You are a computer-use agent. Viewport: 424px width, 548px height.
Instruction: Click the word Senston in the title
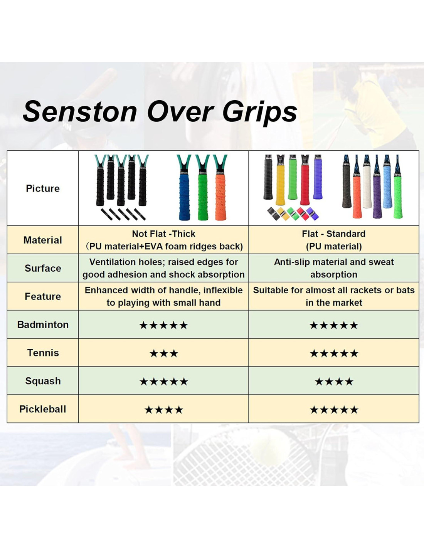(80, 112)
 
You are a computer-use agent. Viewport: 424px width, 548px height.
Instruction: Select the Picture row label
(43, 188)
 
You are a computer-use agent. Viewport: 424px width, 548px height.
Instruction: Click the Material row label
(43, 240)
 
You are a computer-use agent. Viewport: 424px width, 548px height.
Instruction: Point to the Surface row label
(43, 268)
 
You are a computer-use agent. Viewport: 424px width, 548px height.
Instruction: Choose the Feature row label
(43, 296)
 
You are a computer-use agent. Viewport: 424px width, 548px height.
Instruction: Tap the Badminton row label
(43, 324)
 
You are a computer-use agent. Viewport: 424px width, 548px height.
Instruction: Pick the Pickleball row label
(43, 409)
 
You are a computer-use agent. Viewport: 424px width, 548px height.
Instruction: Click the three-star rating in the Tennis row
(164, 353)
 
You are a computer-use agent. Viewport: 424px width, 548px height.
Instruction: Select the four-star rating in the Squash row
(334, 382)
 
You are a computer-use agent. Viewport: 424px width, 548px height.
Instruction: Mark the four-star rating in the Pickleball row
(164, 410)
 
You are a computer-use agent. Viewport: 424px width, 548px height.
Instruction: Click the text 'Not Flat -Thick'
(164, 234)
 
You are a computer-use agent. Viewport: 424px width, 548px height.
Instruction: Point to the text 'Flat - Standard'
(334, 234)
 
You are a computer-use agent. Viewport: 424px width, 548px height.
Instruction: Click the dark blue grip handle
(184, 195)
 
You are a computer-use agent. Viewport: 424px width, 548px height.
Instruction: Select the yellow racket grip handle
(280, 185)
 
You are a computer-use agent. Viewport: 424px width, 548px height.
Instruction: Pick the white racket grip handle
(367, 187)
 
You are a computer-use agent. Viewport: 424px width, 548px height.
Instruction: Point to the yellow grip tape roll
(282, 213)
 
